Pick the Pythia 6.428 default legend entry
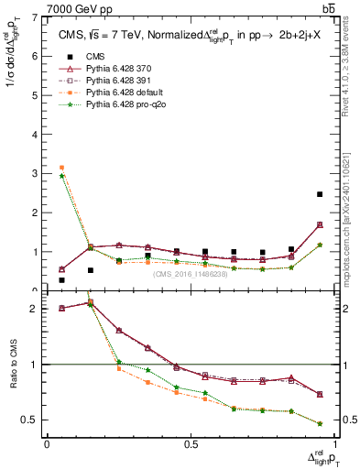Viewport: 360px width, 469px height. pyautogui.click(x=117, y=93)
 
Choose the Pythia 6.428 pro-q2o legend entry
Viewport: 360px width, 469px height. pyautogui.click(x=119, y=105)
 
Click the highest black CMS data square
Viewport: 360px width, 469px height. pyautogui.click(x=319, y=194)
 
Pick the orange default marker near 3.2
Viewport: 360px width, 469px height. pyautogui.click(x=61, y=168)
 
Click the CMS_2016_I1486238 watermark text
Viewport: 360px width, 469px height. pyautogui.click(x=191, y=274)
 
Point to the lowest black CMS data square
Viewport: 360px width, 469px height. pyautogui.click(x=61, y=280)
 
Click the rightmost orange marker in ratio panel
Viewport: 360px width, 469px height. pyautogui.click(x=319, y=424)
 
